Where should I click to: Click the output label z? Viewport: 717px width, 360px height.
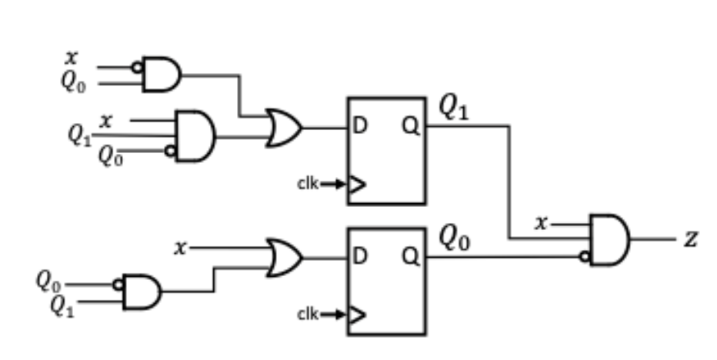(x=690, y=239)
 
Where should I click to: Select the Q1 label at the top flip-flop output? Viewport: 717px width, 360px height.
(x=454, y=108)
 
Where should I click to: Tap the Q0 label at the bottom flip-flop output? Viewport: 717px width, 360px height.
(x=454, y=239)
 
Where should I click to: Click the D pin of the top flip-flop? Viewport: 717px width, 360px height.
(x=359, y=128)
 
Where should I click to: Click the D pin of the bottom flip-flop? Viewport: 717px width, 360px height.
(x=359, y=258)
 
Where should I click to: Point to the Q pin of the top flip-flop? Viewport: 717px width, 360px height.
(x=412, y=128)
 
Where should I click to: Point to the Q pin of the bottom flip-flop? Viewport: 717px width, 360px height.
(x=412, y=258)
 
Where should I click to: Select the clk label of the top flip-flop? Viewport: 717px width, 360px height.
(x=308, y=184)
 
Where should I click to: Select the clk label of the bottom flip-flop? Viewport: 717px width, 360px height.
(x=308, y=314)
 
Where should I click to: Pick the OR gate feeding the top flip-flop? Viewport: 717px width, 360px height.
(x=284, y=128)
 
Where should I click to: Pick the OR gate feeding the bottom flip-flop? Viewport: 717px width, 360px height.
(x=284, y=258)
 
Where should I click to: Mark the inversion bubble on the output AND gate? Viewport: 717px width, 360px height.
(x=585, y=256)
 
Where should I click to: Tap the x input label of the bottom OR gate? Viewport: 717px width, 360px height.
(x=179, y=248)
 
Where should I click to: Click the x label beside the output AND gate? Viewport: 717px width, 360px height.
(x=542, y=223)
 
